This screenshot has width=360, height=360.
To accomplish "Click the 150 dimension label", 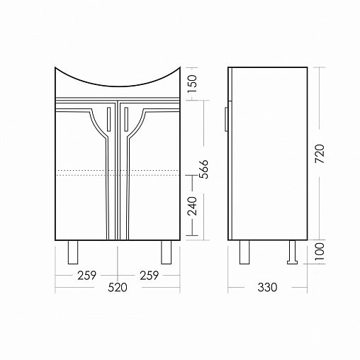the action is [193, 84].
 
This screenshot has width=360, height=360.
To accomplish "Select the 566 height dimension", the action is [203, 169].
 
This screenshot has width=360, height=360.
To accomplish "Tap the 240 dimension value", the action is [192, 206].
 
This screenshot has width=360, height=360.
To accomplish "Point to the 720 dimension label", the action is [320, 154].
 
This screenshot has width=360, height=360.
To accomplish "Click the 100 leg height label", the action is [320, 252].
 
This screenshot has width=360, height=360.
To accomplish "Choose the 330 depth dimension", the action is [267, 287].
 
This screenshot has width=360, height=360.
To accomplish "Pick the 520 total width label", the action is [118, 287].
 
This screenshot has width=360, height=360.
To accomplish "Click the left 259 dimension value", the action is [87, 276].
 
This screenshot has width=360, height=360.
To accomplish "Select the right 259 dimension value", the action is [150, 276].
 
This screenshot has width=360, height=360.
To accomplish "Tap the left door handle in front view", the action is [108, 119].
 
